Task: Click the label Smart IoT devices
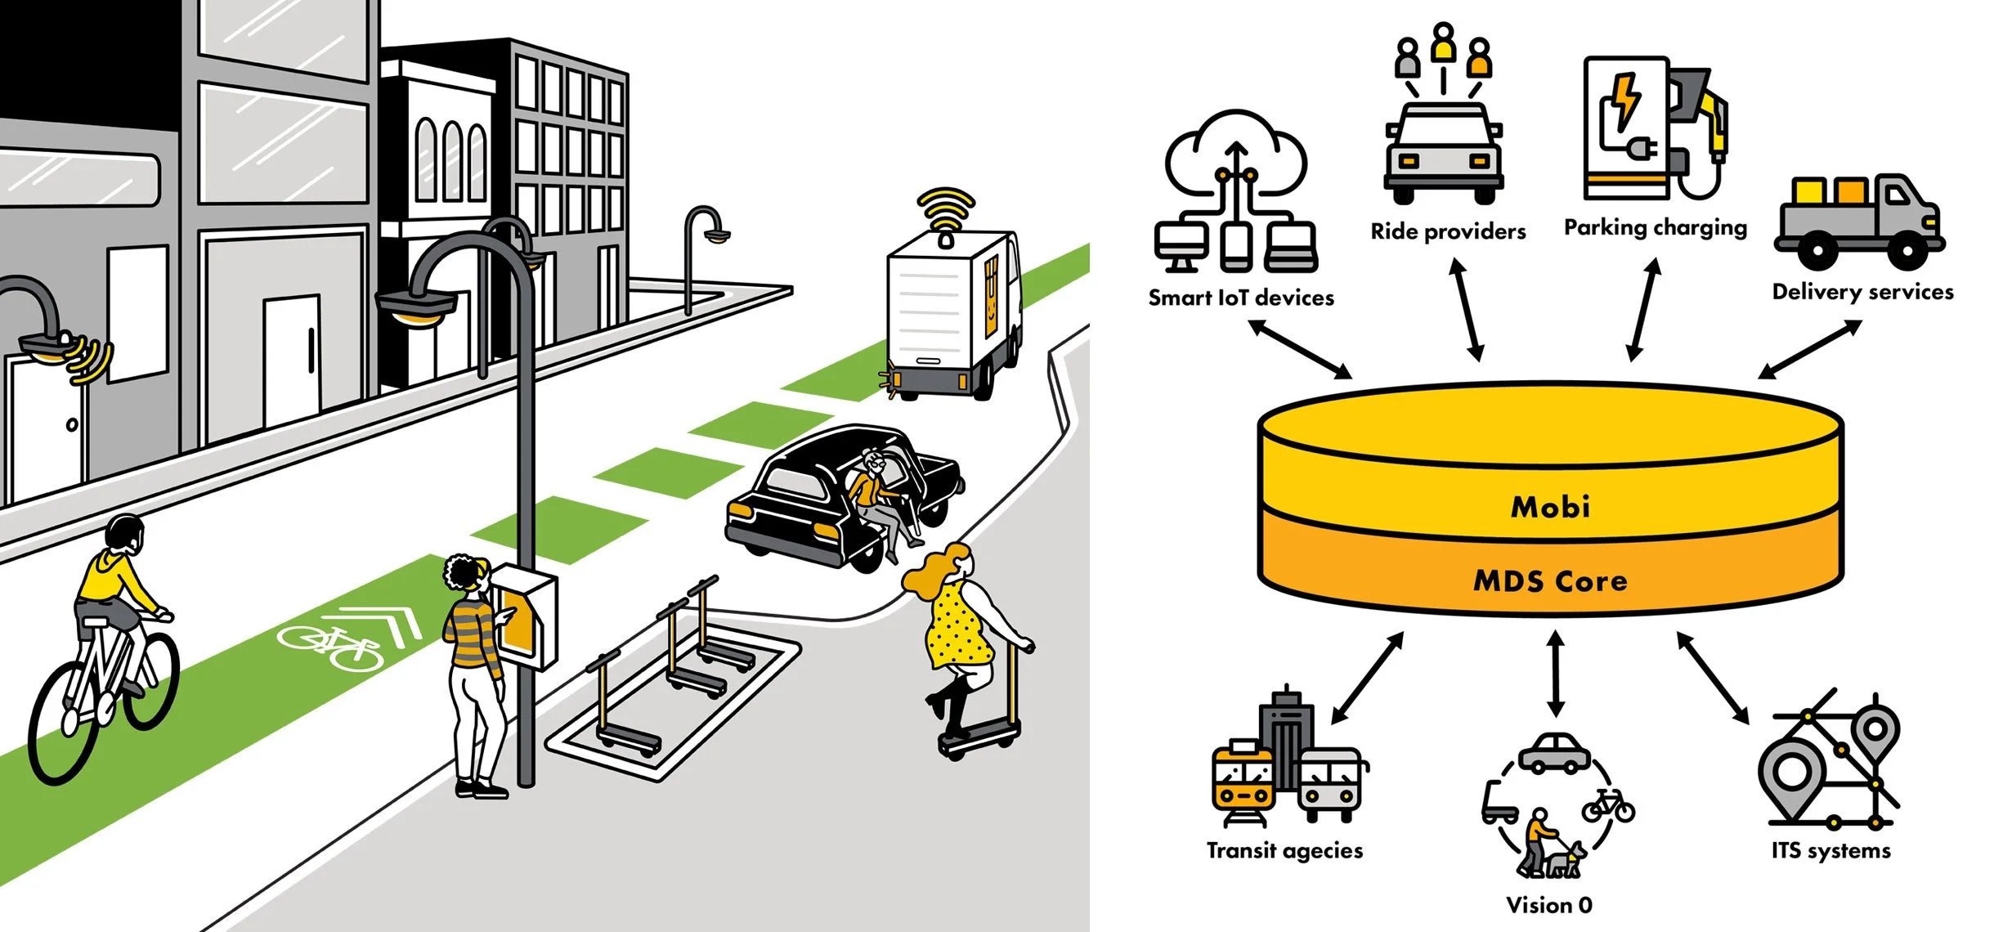coord(1240,298)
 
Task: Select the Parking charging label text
coord(1655,227)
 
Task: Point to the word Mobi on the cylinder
coord(1550,507)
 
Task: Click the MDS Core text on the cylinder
coord(1550,581)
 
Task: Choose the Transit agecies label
coord(1284,851)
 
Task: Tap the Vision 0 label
coord(1548,905)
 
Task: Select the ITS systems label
coord(1830,851)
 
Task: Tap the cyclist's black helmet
coord(124,532)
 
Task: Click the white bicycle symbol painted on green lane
coord(331,646)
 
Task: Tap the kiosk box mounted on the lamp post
coord(526,617)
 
